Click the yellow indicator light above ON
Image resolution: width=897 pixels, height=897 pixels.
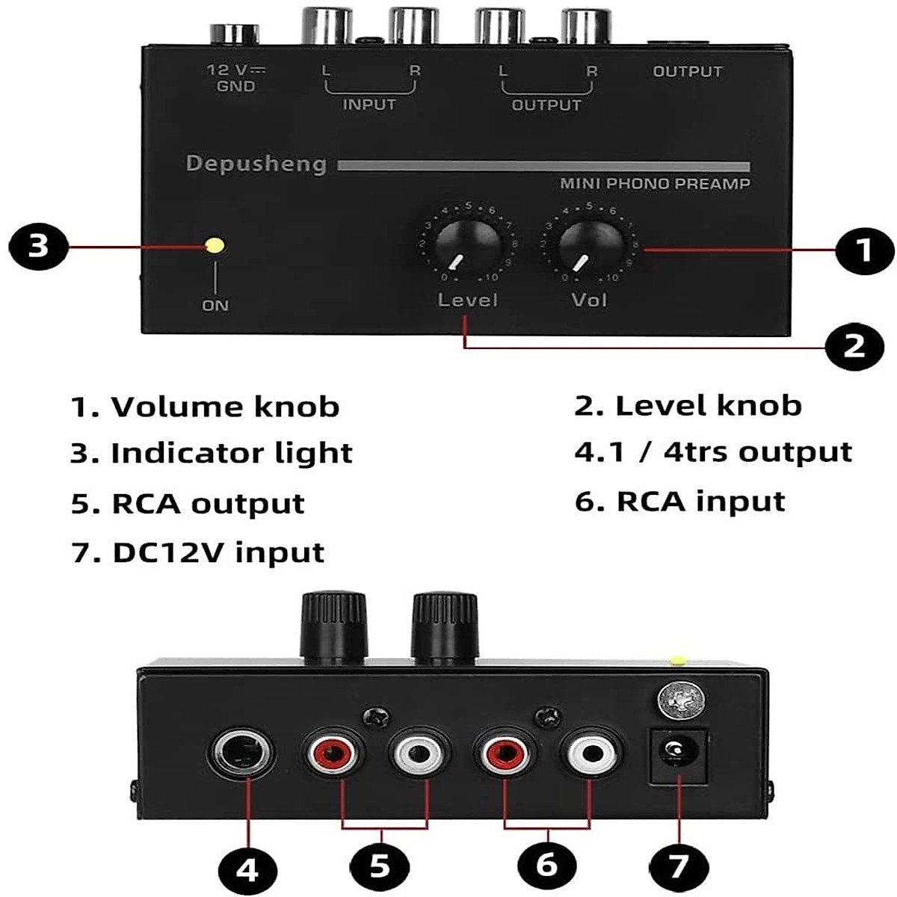[x=215, y=245]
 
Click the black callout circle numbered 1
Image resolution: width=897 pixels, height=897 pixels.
[x=863, y=250]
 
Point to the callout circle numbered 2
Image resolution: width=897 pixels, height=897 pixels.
[x=854, y=345]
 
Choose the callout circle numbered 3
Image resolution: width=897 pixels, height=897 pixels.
[x=38, y=245]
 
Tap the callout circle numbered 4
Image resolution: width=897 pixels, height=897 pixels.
[x=247, y=870]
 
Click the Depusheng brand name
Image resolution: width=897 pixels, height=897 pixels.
[x=256, y=164]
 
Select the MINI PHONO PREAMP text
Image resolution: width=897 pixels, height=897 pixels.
[x=655, y=184]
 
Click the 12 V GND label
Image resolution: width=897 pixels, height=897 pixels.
[x=236, y=78]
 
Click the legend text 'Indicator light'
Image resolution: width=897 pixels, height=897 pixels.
[x=231, y=454]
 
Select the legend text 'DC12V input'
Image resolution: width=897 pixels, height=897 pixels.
[x=218, y=553]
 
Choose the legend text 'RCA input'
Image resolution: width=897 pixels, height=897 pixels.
[x=700, y=502]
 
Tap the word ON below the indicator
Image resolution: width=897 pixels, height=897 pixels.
[x=215, y=305]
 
